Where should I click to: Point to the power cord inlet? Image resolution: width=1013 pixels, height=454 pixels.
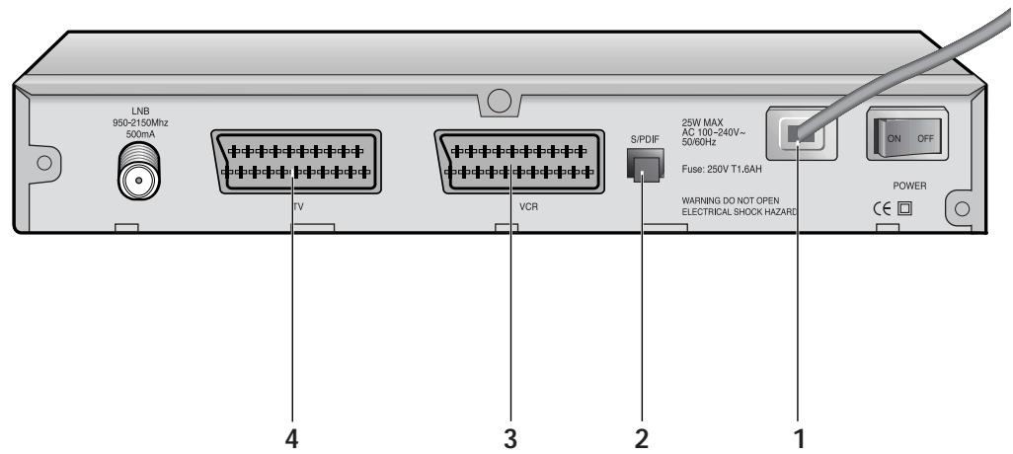[801, 136]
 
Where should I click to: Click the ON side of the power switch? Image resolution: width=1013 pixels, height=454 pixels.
[894, 138]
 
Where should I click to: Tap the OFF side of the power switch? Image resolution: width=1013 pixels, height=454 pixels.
[925, 138]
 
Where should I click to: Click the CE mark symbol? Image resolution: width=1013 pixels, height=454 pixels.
[881, 209]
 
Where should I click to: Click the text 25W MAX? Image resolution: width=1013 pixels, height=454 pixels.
[702, 124]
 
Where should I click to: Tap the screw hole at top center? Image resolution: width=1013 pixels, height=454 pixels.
[501, 100]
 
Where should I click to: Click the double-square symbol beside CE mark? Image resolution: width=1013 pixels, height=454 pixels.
[903, 209]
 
